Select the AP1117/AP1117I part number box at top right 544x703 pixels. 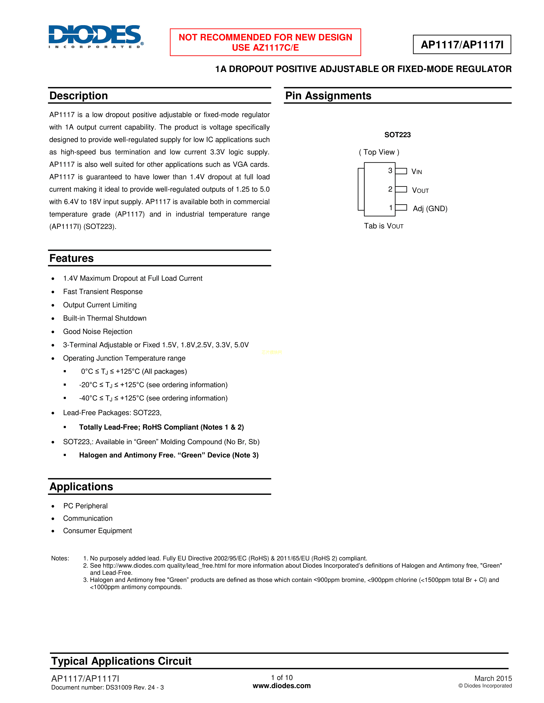click(462, 45)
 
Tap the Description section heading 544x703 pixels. click(79, 96)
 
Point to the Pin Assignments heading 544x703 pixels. click(328, 96)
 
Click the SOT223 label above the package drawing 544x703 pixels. click(397, 135)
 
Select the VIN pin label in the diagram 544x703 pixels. click(416, 171)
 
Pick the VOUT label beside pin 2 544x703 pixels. click(420, 190)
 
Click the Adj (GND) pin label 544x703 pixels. click(430, 209)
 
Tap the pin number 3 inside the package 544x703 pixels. click(390, 171)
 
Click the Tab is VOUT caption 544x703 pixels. click(384, 226)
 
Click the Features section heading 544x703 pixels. click(71, 258)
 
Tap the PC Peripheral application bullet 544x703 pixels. click(85, 506)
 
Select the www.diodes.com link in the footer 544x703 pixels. click(282, 686)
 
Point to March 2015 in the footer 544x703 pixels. click(493, 678)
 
